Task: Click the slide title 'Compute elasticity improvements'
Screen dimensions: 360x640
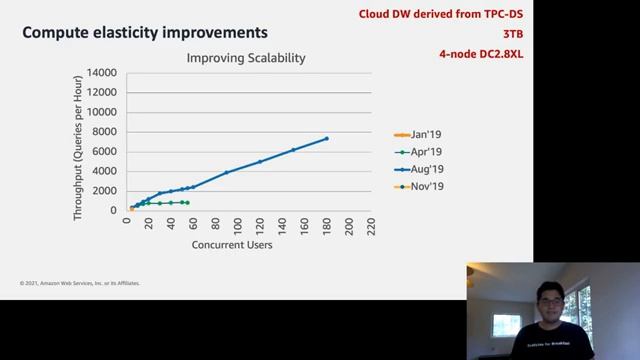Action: click(x=145, y=33)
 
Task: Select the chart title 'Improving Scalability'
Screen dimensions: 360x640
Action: click(x=246, y=58)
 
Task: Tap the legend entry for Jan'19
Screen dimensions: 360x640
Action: click(x=426, y=135)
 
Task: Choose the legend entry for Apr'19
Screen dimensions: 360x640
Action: click(x=426, y=152)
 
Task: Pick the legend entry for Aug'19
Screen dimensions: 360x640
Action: click(x=426, y=169)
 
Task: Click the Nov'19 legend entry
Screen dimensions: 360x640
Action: click(x=426, y=186)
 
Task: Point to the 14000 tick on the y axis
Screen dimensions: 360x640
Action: click(x=101, y=73)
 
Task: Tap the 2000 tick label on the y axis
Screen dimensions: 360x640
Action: click(x=104, y=191)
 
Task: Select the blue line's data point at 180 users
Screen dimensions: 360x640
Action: click(x=326, y=139)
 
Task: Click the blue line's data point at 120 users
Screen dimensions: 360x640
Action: click(x=260, y=161)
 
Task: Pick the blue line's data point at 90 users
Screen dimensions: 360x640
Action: click(x=226, y=172)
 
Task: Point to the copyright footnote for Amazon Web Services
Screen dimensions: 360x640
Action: click(x=80, y=283)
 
